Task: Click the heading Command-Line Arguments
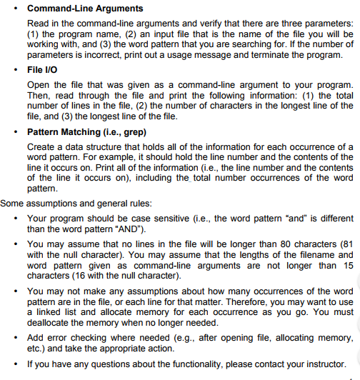coord(84,9)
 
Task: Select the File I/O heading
coord(44,71)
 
